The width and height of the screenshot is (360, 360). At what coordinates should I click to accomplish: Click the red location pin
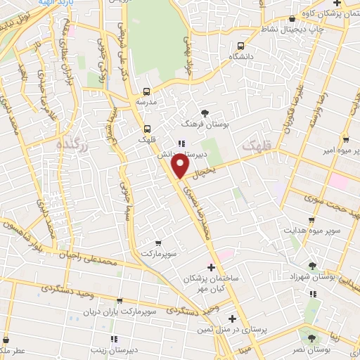click(181, 165)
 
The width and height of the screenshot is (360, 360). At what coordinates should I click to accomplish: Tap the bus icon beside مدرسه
click(146, 91)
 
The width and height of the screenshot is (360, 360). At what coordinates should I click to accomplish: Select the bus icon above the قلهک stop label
click(147, 129)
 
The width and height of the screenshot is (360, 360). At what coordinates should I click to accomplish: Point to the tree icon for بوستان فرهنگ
click(205, 112)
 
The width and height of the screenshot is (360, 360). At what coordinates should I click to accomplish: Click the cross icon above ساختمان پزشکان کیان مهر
click(211, 266)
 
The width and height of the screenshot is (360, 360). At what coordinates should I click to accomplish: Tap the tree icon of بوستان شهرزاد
click(312, 265)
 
